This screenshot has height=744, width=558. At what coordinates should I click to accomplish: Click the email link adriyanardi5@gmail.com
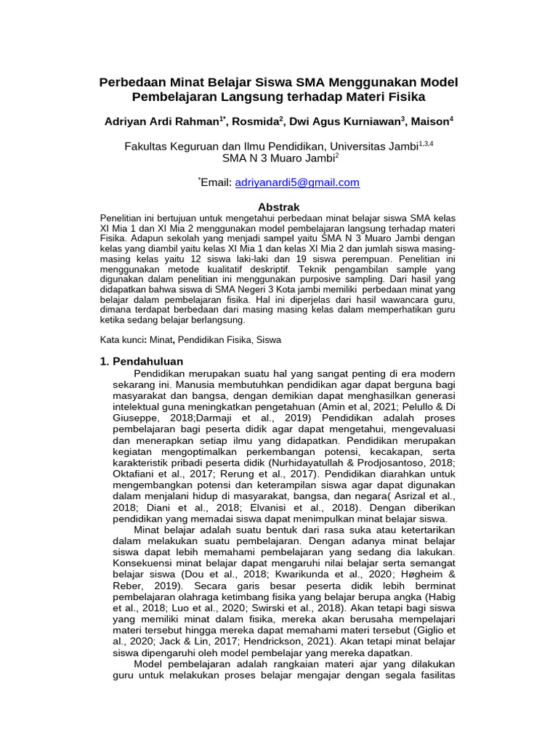click(x=297, y=182)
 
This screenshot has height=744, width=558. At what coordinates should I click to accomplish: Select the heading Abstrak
click(x=279, y=207)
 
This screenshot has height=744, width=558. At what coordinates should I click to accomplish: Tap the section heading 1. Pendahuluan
click(x=141, y=361)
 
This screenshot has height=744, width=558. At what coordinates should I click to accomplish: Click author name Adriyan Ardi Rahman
click(x=162, y=121)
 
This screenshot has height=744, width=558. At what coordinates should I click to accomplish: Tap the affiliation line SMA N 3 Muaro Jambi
click(x=277, y=157)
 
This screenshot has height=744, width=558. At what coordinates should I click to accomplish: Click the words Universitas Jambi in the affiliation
click(x=372, y=145)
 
